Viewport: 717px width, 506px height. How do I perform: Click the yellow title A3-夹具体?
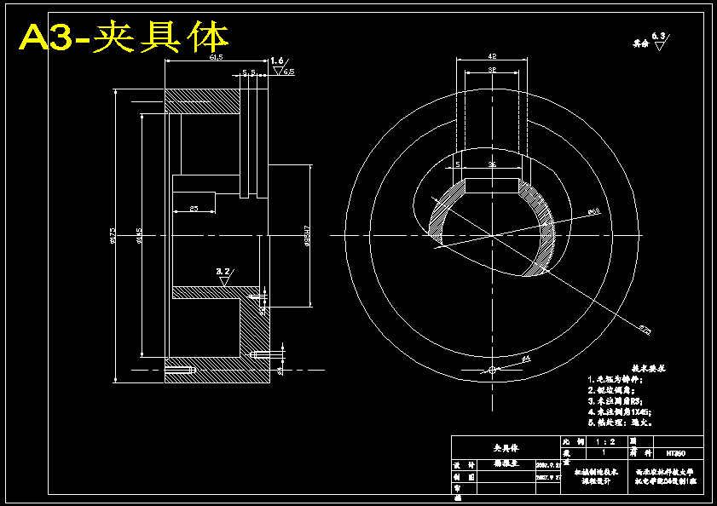click(124, 37)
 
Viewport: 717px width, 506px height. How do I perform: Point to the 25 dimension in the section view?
click(194, 207)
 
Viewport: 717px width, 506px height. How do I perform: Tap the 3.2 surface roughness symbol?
click(224, 273)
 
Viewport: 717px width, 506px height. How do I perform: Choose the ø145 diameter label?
click(139, 236)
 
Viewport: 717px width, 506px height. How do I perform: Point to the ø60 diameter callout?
click(594, 211)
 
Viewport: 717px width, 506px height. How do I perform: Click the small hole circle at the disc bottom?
click(492, 370)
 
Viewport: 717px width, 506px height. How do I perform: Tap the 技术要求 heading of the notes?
click(647, 370)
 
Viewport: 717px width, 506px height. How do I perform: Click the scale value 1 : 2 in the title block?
click(607, 442)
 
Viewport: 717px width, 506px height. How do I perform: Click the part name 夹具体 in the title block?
click(506, 447)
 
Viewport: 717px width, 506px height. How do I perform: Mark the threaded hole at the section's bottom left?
click(180, 370)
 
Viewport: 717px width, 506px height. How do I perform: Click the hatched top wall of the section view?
click(202, 102)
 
